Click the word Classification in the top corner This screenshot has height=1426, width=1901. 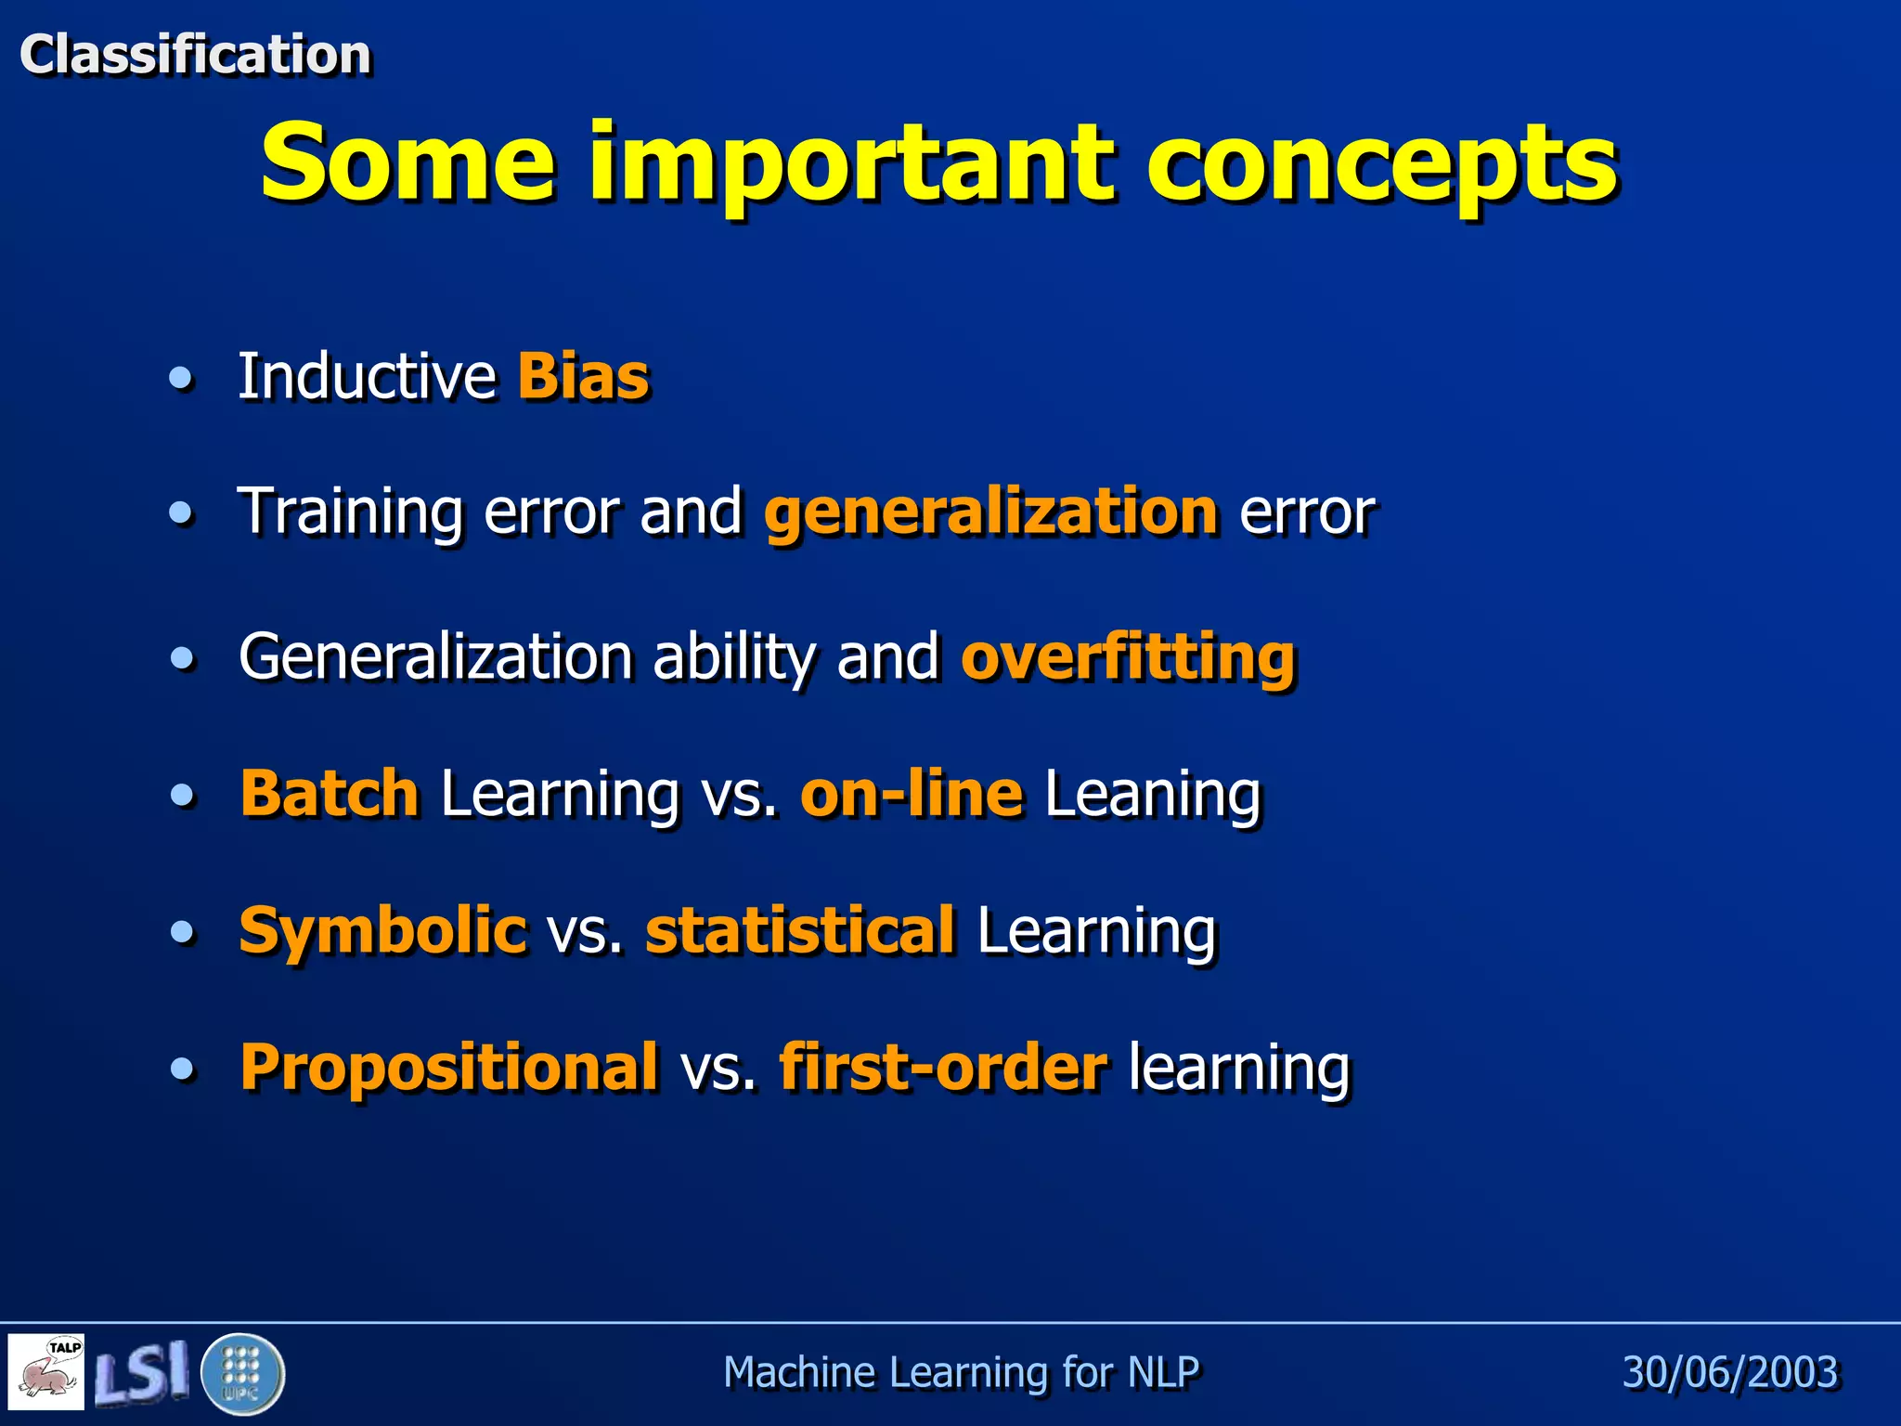tap(195, 54)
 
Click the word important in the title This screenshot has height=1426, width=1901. tap(850, 165)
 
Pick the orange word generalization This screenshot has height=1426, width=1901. tap(990, 512)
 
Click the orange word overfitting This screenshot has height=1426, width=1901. tap(1128, 656)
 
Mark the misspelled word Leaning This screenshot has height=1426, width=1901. tap(1153, 796)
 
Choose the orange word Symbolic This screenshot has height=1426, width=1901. tap(382, 930)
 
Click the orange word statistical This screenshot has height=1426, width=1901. tap(800, 930)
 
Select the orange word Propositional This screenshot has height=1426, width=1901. tap(449, 1067)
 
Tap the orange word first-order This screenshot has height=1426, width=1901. tap(943, 1067)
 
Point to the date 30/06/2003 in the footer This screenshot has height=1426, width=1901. tap(1730, 1372)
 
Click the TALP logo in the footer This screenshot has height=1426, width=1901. tap(47, 1372)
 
